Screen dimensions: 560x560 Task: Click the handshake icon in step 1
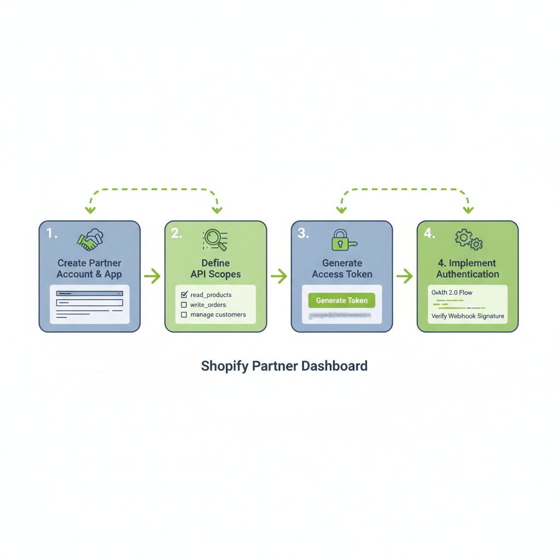click(90, 238)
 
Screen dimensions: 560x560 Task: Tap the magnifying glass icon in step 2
click(214, 240)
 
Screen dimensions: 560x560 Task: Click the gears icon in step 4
click(469, 240)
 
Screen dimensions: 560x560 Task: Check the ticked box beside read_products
click(184, 295)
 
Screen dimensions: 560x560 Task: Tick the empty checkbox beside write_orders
click(184, 305)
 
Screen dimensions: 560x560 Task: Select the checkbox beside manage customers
click(184, 314)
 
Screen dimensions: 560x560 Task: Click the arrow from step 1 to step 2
click(152, 276)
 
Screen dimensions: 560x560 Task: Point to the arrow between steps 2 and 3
click(279, 276)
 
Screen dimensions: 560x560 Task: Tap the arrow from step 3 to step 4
click(405, 276)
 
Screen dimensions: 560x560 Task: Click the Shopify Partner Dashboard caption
click(284, 366)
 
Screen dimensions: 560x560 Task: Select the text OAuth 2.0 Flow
click(452, 293)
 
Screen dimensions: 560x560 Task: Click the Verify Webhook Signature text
click(468, 316)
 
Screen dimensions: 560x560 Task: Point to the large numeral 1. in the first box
click(51, 234)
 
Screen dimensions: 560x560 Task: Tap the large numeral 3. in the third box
click(303, 234)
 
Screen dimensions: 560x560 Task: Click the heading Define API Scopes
click(215, 269)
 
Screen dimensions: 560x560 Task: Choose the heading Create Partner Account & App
click(90, 269)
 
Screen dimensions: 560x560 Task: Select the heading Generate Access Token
click(342, 269)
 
